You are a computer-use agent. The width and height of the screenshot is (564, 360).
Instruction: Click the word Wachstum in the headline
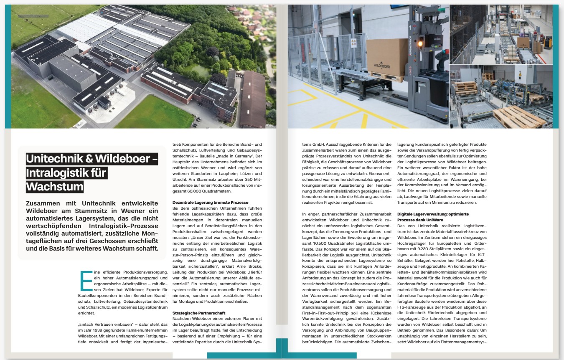click(55, 186)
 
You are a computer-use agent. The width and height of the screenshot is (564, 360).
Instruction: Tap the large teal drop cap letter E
click(86, 281)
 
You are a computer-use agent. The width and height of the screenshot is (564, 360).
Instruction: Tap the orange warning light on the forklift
click(420, 43)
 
